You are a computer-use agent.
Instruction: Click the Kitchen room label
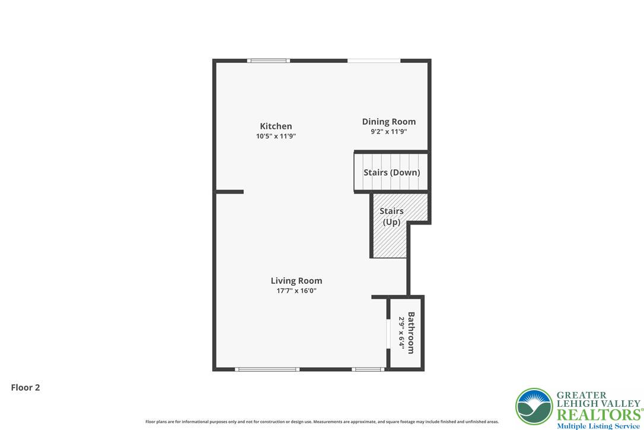(x=276, y=126)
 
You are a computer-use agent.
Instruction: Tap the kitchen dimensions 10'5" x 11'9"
(x=276, y=136)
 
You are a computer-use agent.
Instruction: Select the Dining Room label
(x=389, y=122)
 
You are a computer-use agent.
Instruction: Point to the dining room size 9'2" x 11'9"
(x=389, y=132)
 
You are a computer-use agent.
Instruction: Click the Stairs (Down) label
(x=391, y=172)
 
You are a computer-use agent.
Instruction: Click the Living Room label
(x=297, y=281)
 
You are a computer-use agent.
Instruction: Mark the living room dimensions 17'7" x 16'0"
(x=297, y=291)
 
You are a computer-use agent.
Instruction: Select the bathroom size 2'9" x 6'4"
(x=401, y=333)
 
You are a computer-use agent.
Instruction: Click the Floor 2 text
(x=25, y=388)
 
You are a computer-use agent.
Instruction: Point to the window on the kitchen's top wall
(x=269, y=61)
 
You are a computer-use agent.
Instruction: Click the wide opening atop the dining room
(x=374, y=61)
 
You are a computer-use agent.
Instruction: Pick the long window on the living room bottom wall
(x=267, y=369)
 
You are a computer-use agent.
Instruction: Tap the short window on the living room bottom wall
(x=368, y=369)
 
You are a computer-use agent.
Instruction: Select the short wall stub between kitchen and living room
(x=230, y=191)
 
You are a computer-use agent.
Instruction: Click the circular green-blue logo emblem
(x=534, y=407)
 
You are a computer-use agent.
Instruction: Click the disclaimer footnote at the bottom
(x=322, y=422)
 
